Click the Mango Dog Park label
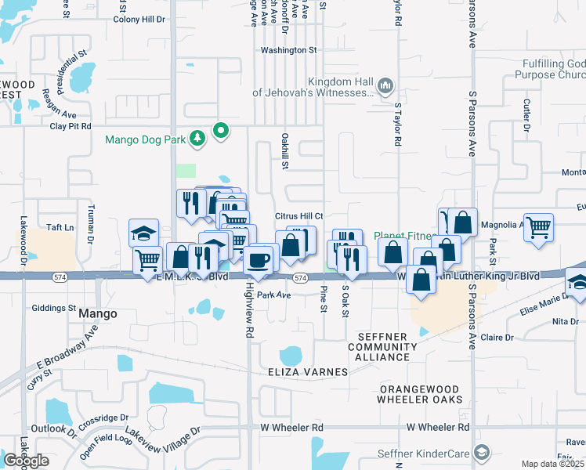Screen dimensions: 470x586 click(x=145, y=140)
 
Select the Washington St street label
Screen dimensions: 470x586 click(x=288, y=50)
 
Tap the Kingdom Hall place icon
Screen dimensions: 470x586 click(x=385, y=85)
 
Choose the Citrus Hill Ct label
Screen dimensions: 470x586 click(x=299, y=216)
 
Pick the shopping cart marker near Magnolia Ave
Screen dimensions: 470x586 click(x=538, y=227)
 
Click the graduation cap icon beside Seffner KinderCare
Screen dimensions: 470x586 click(x=482, y=452)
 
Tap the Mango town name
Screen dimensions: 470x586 click(x=99, y=313)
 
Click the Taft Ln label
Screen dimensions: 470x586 click(x=60, y=226)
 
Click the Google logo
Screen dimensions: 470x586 click(x=26, y=461)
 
